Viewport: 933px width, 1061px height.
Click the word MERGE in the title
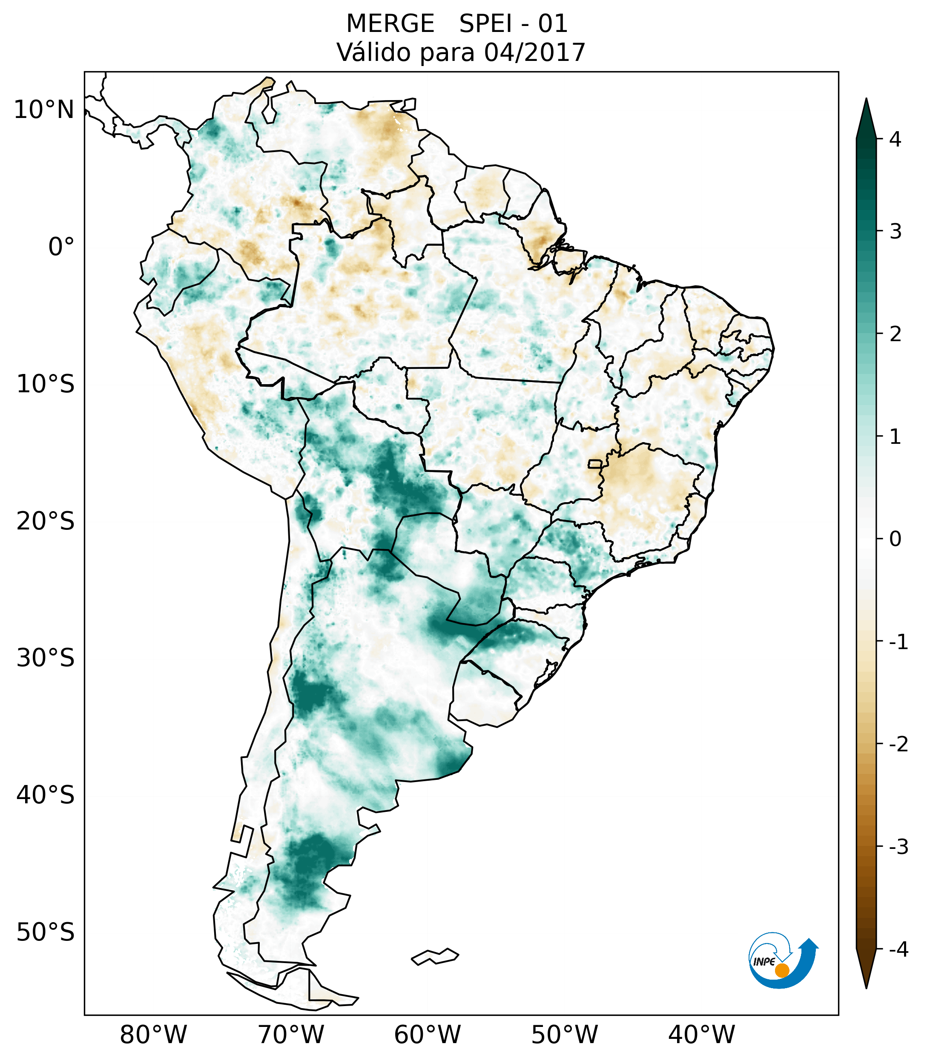390,24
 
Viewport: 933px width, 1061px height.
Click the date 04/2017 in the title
534,52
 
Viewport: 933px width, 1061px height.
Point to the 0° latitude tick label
61,247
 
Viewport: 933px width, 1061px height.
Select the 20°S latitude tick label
46,521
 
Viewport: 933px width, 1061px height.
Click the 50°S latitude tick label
46,933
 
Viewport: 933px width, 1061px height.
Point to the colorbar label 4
895,139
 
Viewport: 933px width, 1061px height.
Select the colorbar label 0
895,539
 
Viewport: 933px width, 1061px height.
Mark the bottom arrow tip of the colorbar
866,987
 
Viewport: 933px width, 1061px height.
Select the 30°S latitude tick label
46,658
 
